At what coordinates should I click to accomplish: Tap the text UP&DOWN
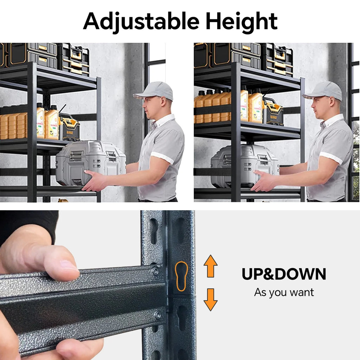tap(284, 274)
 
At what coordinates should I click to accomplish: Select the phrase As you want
tap(284, 292)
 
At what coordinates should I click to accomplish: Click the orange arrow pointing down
tap(211, 299)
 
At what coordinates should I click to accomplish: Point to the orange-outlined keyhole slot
tap(181, 276)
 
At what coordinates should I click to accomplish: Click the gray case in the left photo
tap(91, 162)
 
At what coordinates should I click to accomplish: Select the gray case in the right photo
tap(244, 165)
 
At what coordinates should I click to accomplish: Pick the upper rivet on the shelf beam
tap(155, 271)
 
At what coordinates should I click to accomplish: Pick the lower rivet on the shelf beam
tap(157, 315)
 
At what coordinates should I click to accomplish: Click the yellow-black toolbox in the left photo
tap(69, 127)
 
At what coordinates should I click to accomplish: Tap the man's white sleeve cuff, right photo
tap(330, 158)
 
